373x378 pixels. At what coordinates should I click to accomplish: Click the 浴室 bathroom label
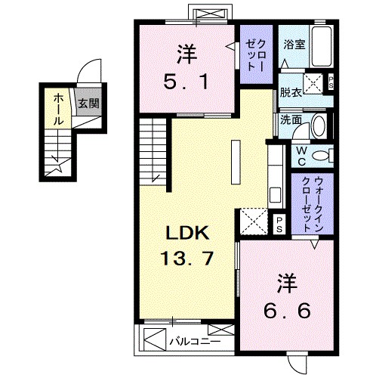[294, 45]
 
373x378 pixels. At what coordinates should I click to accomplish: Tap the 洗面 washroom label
[291, 119]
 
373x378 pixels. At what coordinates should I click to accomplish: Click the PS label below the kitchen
[279, 222]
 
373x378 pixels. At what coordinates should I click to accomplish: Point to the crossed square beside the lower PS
[254, 222]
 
